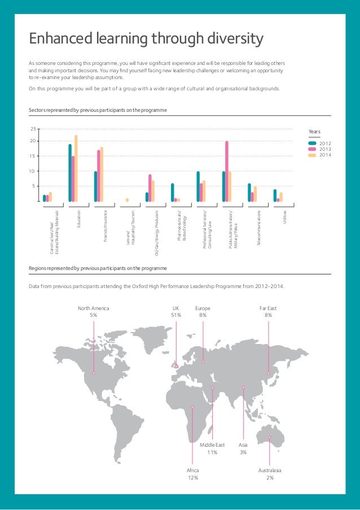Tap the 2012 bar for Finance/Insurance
(95, 186)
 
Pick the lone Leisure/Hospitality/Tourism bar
(127, 200)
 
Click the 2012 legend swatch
(312, 143)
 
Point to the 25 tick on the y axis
(33, 129)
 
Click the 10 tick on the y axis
(33, 171)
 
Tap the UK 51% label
(176, 312)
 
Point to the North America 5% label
(93, 312)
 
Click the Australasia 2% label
(270, 474)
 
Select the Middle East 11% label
(212, 448)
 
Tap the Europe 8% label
(203, 312)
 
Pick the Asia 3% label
(243, 448)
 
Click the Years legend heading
(314, 132)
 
